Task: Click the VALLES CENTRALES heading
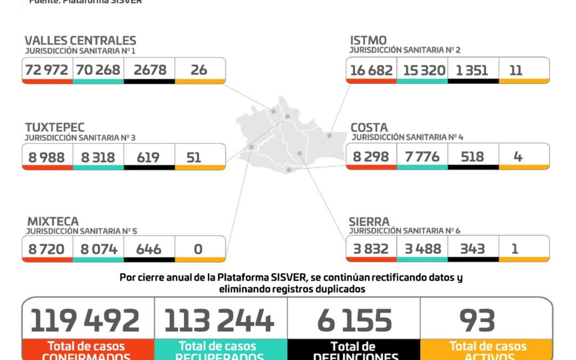tap(81, 41)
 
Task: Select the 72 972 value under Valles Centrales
tap(47, 69)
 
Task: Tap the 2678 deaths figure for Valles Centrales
tap(149, 69)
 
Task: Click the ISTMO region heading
tap(369, 40)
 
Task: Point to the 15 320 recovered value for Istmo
tap(422, 70)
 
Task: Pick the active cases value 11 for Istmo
tap(516, 70)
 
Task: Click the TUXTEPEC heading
tap(54, 127)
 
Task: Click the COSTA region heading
tap(369, 127)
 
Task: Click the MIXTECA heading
tap(52, 221)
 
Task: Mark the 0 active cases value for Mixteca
tap(198, 249)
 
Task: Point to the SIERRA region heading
tap(370, 221)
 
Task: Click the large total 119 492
tap(85, 321)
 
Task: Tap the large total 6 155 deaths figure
tap(354, 321)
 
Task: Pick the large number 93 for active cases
tap(477, 321)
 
